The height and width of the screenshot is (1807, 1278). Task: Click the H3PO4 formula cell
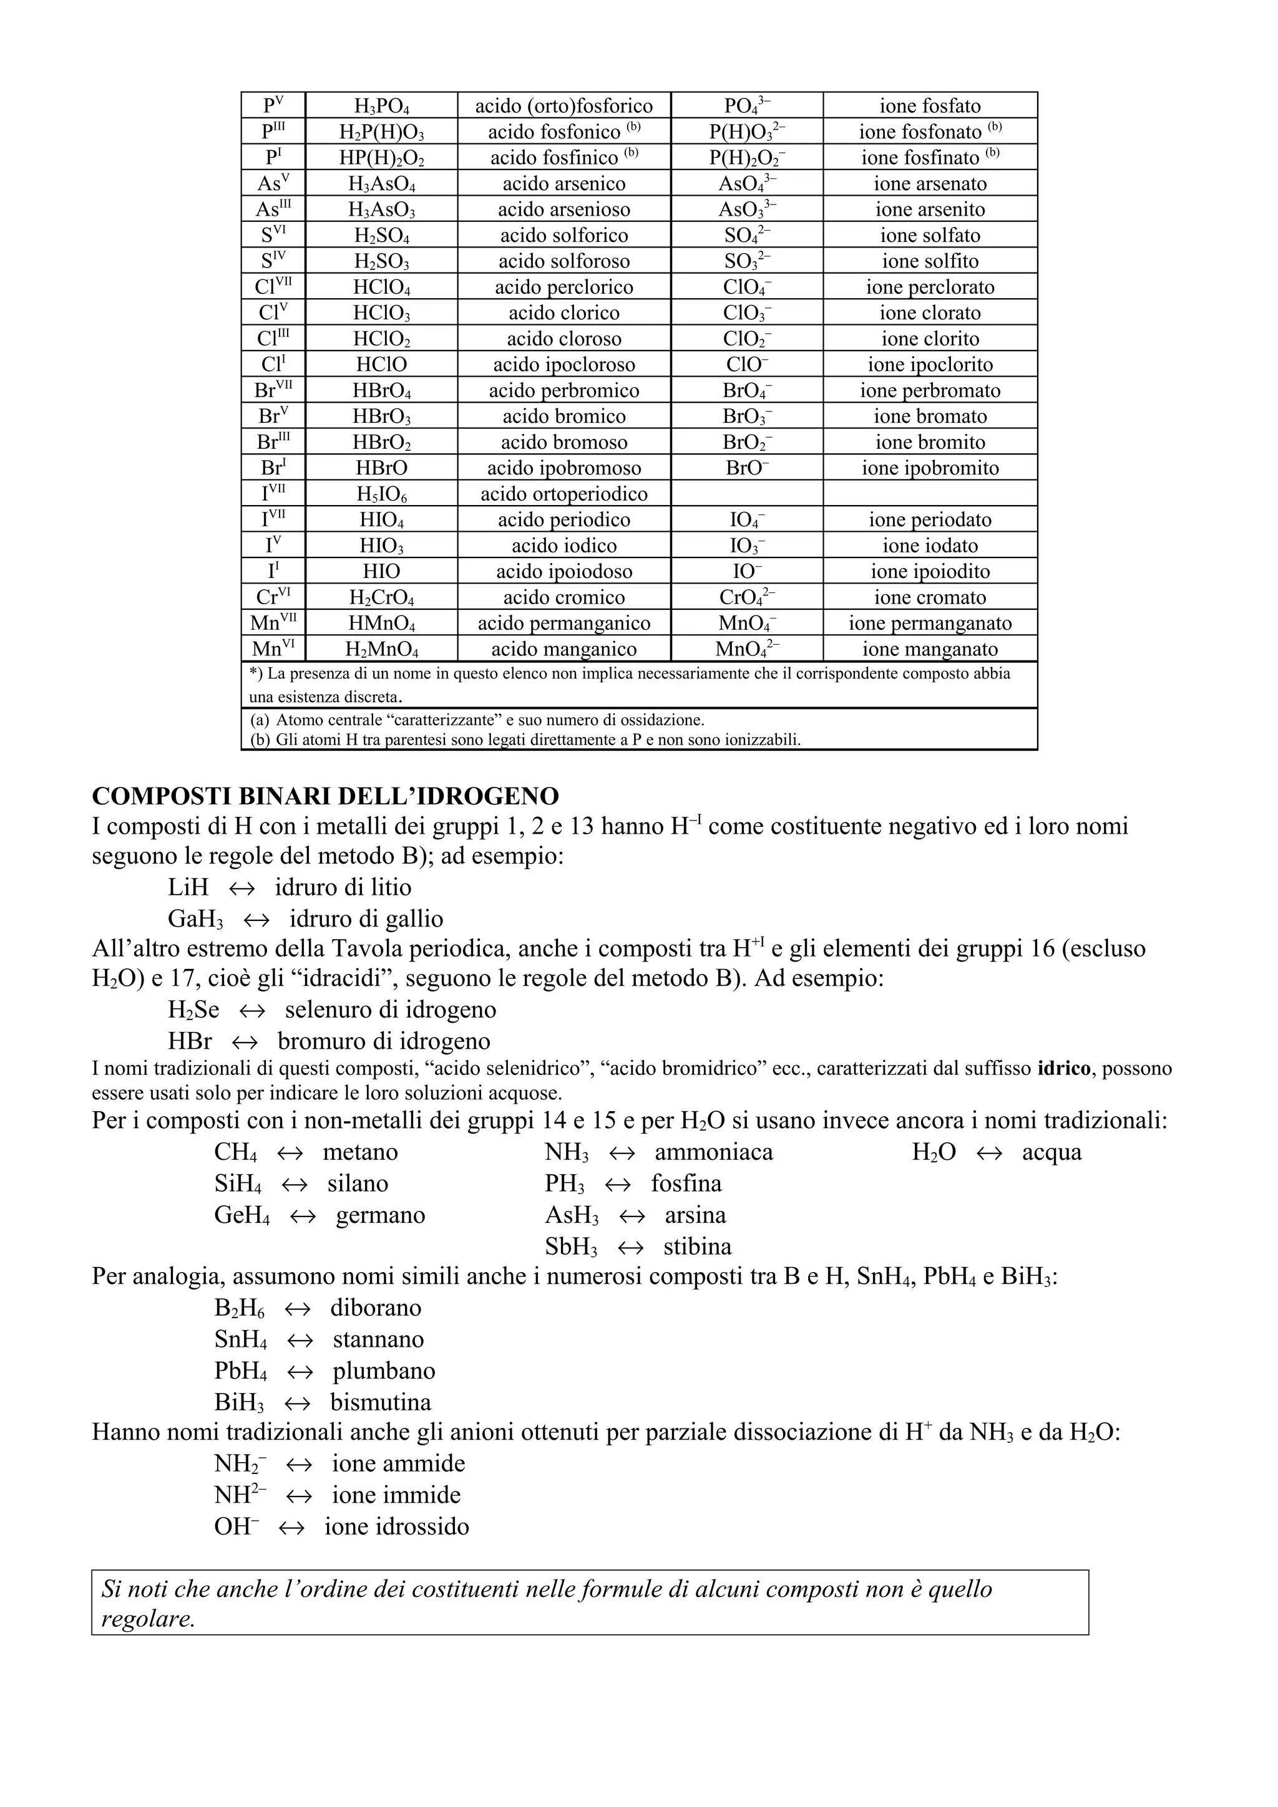click(x=381, y=106)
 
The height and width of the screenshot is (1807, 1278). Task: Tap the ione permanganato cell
click(x=930, y=624)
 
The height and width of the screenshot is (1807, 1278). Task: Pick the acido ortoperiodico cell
click(x=563, y=494)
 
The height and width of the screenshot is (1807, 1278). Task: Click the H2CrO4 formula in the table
click(x=381, y=598)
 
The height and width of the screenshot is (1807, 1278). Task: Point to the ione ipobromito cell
click(x=930, y=468)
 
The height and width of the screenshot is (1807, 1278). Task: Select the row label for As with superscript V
click(x=273, y=184)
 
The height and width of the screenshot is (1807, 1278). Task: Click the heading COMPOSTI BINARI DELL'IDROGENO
click(x=325, y=796)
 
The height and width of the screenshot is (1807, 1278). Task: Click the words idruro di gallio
click(x=366, y=919)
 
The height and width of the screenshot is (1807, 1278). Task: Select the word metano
click(x=360, y=1152)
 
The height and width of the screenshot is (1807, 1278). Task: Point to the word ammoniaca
click(x=713, y=1152)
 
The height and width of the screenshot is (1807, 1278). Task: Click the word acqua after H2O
click(x=1051, y=1152)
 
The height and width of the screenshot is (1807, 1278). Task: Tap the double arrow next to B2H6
click(x=298, y=1309)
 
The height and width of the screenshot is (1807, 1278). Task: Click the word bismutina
click(x=380, y=1403)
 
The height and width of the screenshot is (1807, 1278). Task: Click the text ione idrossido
click(x=396, y=1527)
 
